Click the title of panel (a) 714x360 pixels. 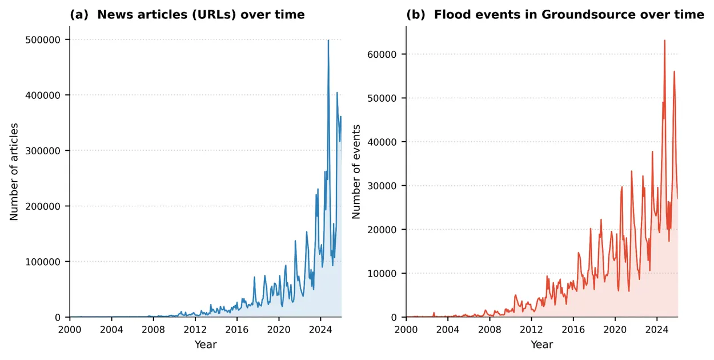point(187,15)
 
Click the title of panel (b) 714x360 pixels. point(555,15)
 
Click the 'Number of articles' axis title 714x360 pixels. point(14,171)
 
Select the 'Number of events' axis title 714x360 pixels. point(356,171)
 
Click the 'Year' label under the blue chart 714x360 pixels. point(206,345)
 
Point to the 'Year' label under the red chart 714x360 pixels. point(541,345)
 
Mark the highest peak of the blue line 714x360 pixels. point(328,40)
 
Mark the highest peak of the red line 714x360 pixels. point(664,40)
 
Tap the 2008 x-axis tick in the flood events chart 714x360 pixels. point(490,329)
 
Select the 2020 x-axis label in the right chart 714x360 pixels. point(615,329)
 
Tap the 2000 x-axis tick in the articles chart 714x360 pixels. point(70,329)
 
